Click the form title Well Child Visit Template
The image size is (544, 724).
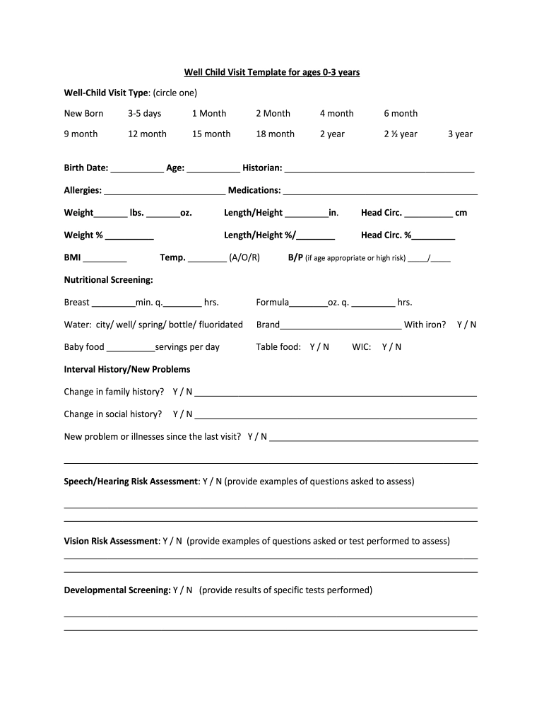[x=272, y=73]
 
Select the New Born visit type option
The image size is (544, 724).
[x=83, y=113]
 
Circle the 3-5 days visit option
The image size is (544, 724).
[x=144, y=113]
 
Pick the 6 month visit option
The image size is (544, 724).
[x=401, y=113]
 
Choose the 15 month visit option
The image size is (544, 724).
[x=211, y=134]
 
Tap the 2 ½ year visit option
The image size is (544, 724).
[x=401, y=134]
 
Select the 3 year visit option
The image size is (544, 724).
[x=460, y=134]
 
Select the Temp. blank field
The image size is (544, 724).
[x=208, y=259]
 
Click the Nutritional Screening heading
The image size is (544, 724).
[x=109, y=280]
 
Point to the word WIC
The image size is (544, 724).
[x=362, y=347]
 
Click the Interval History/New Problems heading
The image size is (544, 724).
[x=127, y=369]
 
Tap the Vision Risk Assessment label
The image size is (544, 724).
[x=112, y=541]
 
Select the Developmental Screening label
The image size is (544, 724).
[x=117, y=590]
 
